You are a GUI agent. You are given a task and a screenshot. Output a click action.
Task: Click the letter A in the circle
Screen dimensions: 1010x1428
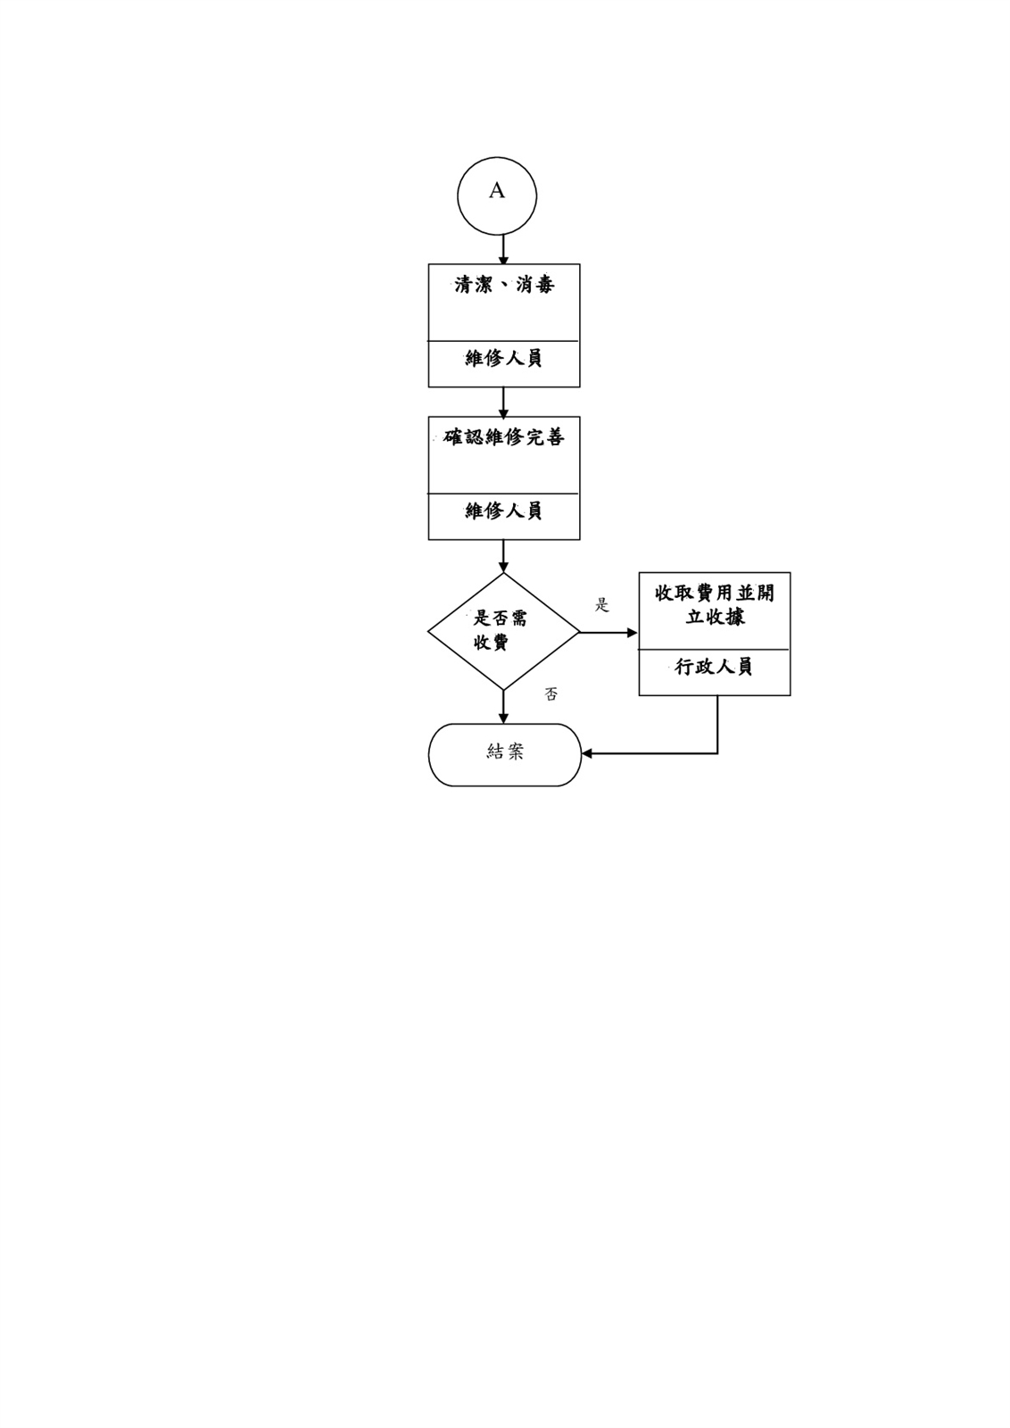pyautogui.click(x=496, y=190)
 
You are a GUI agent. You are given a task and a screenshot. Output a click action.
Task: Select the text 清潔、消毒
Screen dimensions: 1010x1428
pyautogui.click(x=504, y=285)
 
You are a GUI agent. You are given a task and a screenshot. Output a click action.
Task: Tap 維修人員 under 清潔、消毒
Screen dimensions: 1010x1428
pyautogui.click(x=503, y=358)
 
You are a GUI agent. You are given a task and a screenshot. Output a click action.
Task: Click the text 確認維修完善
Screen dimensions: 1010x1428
pyautogui.click(x=503, y=437)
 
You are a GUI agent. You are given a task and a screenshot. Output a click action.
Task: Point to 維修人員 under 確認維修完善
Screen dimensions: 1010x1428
pyautogui.click(x=503, y=511)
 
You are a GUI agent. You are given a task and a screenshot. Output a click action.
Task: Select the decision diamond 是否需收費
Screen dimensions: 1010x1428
pyautogui.click(x=503, y=631)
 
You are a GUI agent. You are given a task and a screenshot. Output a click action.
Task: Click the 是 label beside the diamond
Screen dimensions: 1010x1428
pyautogui.click(x=601, y=605)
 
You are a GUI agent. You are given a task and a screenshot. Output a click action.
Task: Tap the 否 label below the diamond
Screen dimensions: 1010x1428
pyautogui.click(x=551, y=694)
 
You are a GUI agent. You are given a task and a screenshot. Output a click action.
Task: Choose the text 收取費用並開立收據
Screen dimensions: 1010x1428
pyautogui.click(x=715, y=605)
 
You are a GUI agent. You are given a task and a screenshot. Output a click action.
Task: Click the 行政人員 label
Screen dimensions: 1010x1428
pyautogui.click(x=714, y=667)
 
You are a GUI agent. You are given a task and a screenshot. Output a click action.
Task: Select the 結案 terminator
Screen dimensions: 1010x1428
pyautogui.click(x=505, y=755)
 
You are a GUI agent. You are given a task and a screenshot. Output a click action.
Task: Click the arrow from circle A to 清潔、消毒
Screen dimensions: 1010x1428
pyautogui.click(x=503, y=250)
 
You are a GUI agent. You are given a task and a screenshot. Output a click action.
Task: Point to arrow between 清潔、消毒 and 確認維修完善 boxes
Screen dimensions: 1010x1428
pyautogui.click(x=503, y=403)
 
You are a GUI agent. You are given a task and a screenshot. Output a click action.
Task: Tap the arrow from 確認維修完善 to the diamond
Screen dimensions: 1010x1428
pyautogui.click(x=503, y=556)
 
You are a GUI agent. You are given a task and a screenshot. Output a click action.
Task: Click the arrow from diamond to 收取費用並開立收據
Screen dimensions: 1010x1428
pyautogui.click(x=608, y=633)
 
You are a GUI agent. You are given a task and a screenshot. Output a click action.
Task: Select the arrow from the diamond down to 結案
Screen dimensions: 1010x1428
pyautogui.click(x=503, y=707)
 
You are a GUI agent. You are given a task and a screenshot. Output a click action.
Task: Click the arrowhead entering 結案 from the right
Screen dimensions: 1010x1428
pyautogui.click(x=587, y=753)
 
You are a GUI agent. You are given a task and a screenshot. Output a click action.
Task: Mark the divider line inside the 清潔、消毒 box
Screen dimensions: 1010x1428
pyautogui.click(x=503, y=341)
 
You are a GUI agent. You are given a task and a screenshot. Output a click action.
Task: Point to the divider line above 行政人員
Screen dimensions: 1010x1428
pyautogui.click(x=715, y=650)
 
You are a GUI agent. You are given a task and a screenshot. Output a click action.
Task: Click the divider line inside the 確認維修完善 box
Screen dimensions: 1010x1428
pyautogui.click(x=503, y=494)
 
